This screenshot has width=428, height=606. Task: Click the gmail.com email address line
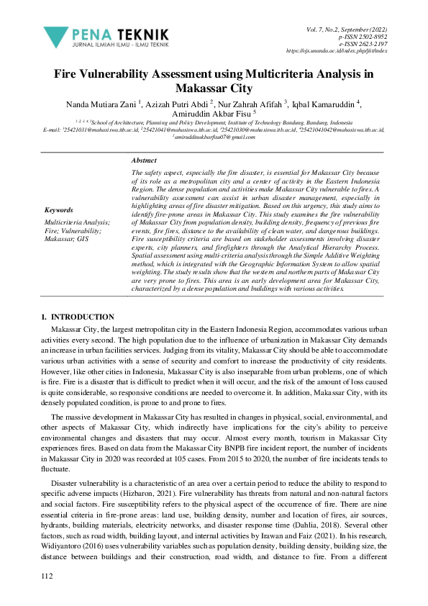[214, 137]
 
